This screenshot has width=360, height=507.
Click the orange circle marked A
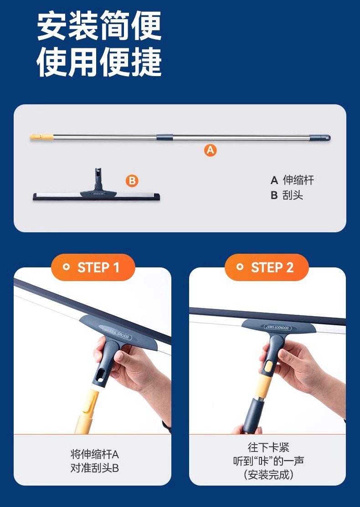(x=210, y=150)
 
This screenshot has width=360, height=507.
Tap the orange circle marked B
(x=132, y=181)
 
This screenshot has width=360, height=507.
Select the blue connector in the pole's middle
(x=165, y=137)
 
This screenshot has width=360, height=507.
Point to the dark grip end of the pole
(x=320, y=138)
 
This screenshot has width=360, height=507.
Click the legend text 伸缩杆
(x=298, y=180)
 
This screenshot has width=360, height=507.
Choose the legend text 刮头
(x=293, y=195)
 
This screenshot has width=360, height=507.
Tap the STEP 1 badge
(x=93, y=267)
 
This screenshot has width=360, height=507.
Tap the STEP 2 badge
(x=267, y=267)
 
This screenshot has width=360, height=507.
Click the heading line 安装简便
(x=99, y=26)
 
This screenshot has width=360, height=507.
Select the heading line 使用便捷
(x=99, y=62)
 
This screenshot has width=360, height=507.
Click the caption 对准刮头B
(x=95, y=468)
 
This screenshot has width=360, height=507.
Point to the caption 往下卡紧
(x=268, y=447)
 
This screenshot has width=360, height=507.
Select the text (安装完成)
(x=268, y=475)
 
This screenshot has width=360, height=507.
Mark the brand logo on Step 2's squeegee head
(x=277, y=328)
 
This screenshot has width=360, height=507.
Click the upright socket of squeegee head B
(x=98, y=180)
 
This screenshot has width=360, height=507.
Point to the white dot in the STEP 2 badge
(x=240, y=267)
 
